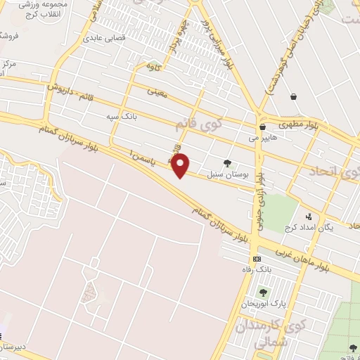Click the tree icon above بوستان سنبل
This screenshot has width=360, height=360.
pos(227,163)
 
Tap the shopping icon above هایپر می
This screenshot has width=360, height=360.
pos(262,127)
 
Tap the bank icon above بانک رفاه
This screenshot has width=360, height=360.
pos(257,259)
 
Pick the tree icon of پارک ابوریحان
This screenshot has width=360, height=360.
pos(263,292)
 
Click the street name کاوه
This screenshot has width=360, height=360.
pos(153,66)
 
